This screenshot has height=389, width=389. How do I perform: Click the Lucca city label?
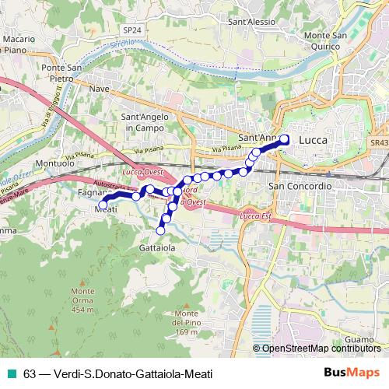(x=313, y=140)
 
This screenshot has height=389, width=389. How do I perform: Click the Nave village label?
(x=99, y=89)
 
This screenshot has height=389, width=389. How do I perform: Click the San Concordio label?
(x=300, y=187)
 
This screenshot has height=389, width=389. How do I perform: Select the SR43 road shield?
(x=379, y=144)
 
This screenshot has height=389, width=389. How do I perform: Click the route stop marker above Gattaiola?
(x=162, y=230)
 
